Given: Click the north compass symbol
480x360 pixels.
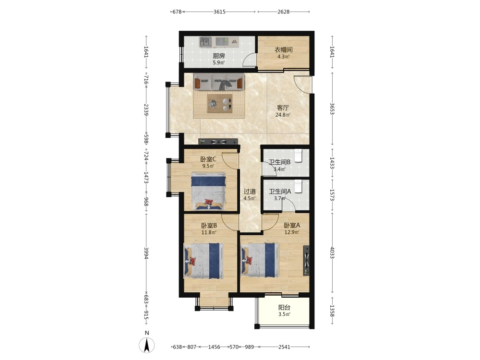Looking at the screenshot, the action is click(146, 345).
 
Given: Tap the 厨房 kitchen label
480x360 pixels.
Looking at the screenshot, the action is click(219, 56).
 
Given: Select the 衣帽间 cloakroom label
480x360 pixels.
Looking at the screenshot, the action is click(283, 49).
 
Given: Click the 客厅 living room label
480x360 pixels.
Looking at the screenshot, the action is click(283, 108).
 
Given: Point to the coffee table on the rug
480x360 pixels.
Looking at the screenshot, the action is click(219, 104).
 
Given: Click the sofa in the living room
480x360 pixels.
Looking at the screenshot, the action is click(218, 82).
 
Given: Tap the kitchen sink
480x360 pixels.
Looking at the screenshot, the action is click(205, 42).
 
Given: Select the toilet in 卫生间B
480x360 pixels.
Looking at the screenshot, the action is click(298, 156).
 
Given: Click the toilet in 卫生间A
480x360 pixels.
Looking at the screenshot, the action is click(298, 186).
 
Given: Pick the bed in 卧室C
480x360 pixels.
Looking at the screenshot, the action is click(208, 192).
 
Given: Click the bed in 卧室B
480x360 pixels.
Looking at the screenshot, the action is click(203, 261).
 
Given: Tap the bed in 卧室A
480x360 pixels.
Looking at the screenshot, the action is click(260, 260).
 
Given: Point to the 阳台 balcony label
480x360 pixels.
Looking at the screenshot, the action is click(284, 308).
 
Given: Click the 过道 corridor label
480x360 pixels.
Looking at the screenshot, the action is click(250, 192).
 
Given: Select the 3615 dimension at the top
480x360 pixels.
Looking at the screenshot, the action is click(219, 12).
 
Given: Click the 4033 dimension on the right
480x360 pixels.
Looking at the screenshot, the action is click(332, 252).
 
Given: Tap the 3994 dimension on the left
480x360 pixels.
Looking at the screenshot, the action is click(146, 253).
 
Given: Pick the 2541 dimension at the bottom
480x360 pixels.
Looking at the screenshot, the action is click(284, 347).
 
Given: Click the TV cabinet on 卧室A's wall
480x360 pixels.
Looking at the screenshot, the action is click(306, 260).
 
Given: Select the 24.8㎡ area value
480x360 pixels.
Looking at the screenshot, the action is click(283, 115).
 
